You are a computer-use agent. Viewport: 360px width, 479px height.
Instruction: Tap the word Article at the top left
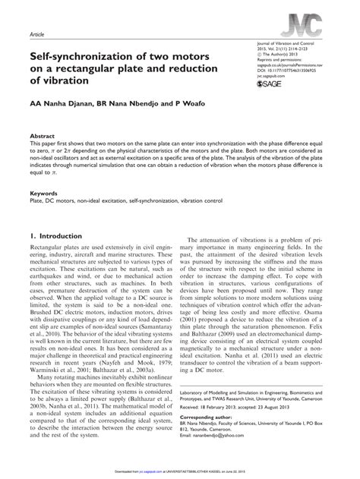coord(35,35)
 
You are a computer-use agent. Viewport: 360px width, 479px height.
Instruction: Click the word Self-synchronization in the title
coord(84,57)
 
